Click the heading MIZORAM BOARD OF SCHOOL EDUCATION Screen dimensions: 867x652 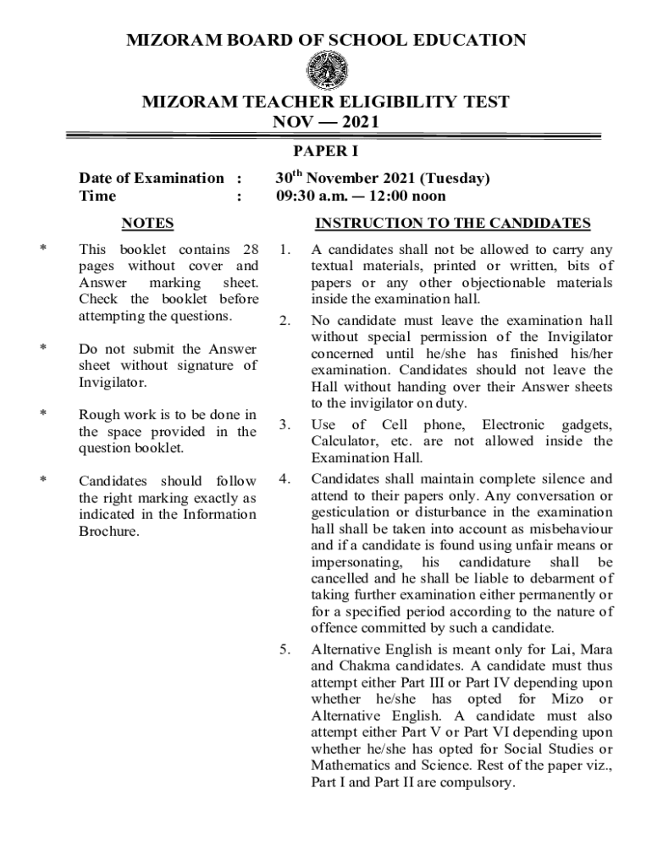pyautogui.click(x=325, y=40)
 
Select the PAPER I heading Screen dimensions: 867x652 pyautogui.click(x=326, y=152)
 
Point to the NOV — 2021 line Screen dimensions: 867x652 pyautogui.click(x=325, y=121)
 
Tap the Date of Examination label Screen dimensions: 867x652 pyautogui.click(x=152, y=178)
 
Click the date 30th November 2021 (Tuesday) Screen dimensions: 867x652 pyautogui.click(x=383, y=178)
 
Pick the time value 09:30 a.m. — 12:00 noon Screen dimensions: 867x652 pyautogui.click(x=361, y=196)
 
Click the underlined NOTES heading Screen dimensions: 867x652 pyautogui.click(x=147, y=224)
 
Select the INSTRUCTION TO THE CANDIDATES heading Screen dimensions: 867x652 pyautogui.click(x=452, y=224)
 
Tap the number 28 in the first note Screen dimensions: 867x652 pyautogui.click(x=250, y=249)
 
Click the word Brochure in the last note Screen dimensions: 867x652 pyautogui.click(x=109, y=531)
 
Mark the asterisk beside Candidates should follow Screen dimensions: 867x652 pyautogui.click(x=42, y=481)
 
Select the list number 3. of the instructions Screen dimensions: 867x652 pyautogui.click(x=285, y=424)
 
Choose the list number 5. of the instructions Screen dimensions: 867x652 pyautogui.click(x=285, y=649)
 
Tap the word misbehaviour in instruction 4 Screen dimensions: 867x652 pyautogui.click(x=566, y=528)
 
